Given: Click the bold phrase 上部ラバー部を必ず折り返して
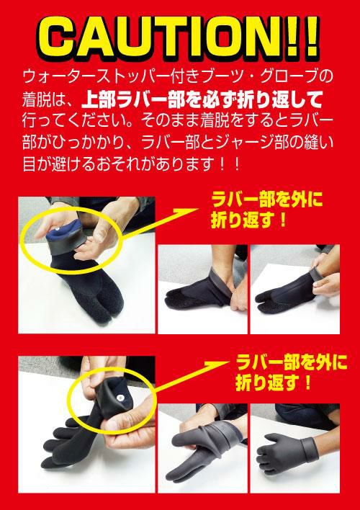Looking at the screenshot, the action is (202, 99).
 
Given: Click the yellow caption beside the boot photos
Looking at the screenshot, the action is (266, 210).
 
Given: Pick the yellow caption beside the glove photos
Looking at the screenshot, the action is (292, 372).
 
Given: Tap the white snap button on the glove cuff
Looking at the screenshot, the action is (121, 397).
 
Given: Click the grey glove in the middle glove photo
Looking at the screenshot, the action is (202, 449).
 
